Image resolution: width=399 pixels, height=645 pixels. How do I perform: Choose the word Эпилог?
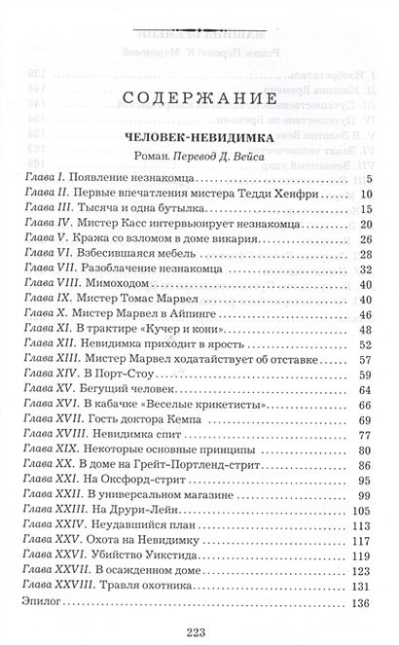43,601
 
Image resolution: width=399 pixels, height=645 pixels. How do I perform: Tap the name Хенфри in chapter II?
294,194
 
